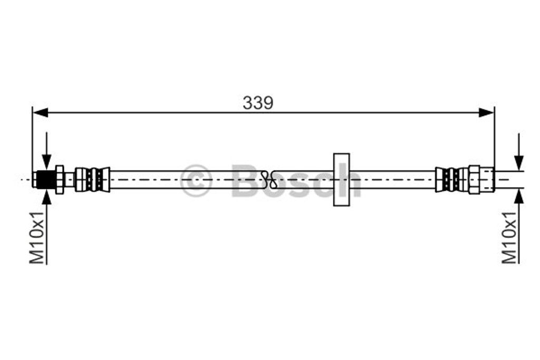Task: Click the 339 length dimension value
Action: point(258,103)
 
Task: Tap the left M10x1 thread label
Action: point(37,239)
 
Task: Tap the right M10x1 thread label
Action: point(509,239)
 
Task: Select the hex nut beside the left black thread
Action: point(60,179)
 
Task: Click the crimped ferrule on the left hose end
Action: point(92,179)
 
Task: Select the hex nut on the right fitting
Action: point(474,179)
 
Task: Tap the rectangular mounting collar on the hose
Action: point(342,179)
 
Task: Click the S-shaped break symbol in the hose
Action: point(271,179)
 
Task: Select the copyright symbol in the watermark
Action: point(196,180)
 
